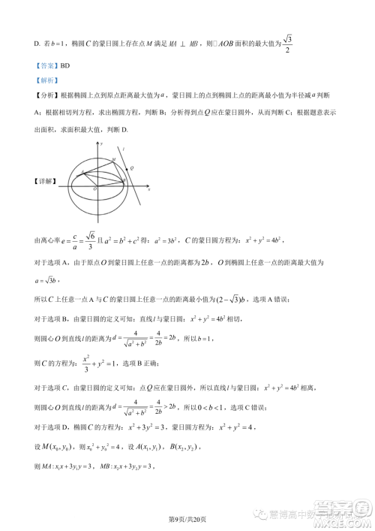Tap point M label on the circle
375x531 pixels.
pyautogui.click(x=113, y=159)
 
